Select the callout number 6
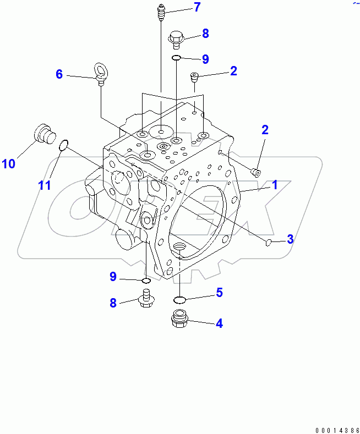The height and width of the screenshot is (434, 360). pos(59,74)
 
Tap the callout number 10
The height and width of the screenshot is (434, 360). pos(9,163)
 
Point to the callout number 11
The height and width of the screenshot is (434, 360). pos(44,185)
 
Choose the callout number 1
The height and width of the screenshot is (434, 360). pos(274,185)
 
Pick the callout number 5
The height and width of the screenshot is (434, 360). pos(219,293)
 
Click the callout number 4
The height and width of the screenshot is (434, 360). pos(219,323)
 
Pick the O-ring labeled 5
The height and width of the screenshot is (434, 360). pos(179,300)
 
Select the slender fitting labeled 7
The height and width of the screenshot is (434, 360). pos(161,12)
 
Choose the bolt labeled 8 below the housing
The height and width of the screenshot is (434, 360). pos(146,301)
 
